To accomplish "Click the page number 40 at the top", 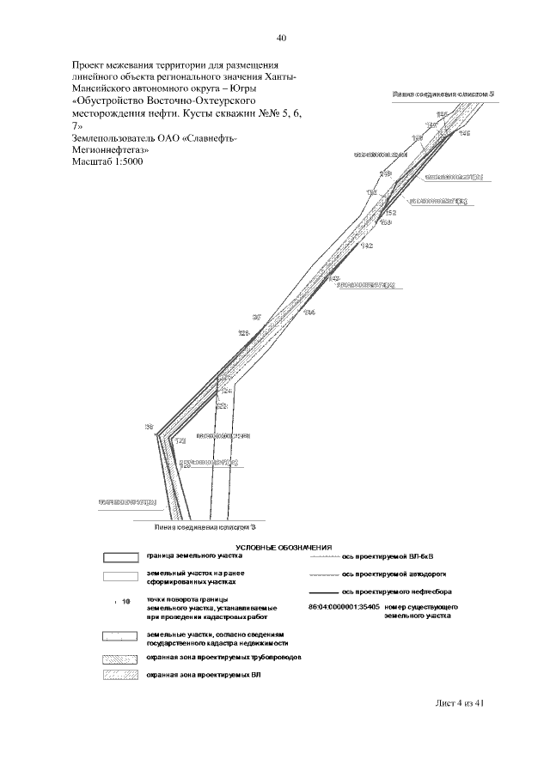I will point(282,38).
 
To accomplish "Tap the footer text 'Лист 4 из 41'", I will point(460,703).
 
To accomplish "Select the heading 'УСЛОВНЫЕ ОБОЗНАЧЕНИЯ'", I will point(283,547).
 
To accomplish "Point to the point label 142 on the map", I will point(367,246).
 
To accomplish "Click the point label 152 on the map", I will point(389,212).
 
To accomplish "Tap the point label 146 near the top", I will point(465,133).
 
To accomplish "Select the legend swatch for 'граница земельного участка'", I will point(119,556).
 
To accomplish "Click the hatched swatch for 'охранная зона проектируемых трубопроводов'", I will point(119,657).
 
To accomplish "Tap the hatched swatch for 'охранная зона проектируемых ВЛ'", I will point(119,677).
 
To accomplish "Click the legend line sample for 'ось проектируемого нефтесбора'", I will point(322,592).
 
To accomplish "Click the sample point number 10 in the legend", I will point(125,602).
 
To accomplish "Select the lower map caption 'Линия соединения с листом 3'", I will point(206,527).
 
